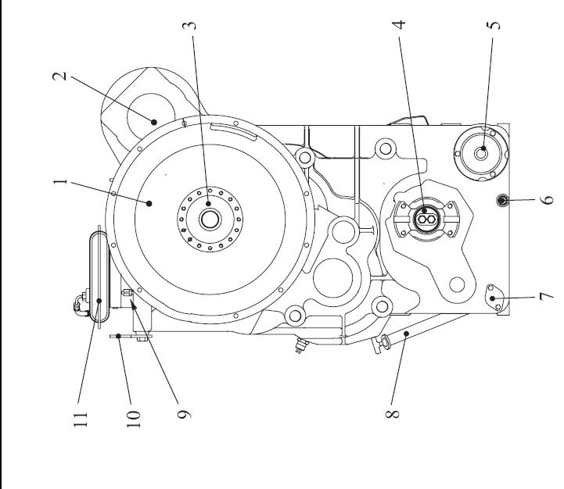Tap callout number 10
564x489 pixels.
point(133,416)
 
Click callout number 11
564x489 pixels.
point(81,416)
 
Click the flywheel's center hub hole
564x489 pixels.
point(209,220)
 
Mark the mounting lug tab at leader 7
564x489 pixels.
point(493,296)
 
